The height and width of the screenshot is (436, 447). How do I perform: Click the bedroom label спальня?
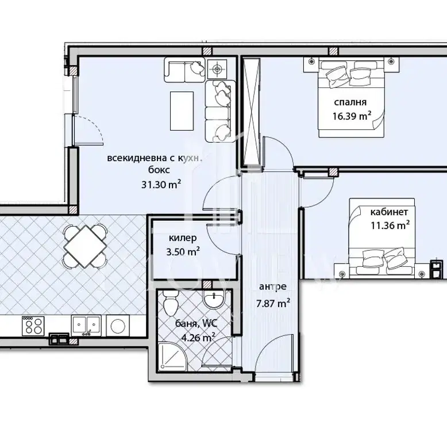350,102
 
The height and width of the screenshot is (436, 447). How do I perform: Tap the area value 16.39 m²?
352,116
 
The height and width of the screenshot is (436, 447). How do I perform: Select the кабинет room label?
389,212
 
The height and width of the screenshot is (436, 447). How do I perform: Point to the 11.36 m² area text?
390,225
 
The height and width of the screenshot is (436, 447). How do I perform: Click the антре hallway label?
273,286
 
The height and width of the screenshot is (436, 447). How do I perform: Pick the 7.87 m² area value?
273,303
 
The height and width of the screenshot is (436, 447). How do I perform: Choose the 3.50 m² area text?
183,251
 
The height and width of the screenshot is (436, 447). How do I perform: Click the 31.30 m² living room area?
161,185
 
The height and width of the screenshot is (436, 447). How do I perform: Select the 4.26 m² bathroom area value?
198,338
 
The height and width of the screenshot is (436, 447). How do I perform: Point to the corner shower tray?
172,356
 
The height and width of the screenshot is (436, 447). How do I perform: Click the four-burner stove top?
33,326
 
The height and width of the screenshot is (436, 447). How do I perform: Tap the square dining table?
86,246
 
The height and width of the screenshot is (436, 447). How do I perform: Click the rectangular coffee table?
182,110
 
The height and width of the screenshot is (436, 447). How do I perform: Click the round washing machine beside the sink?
118,326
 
